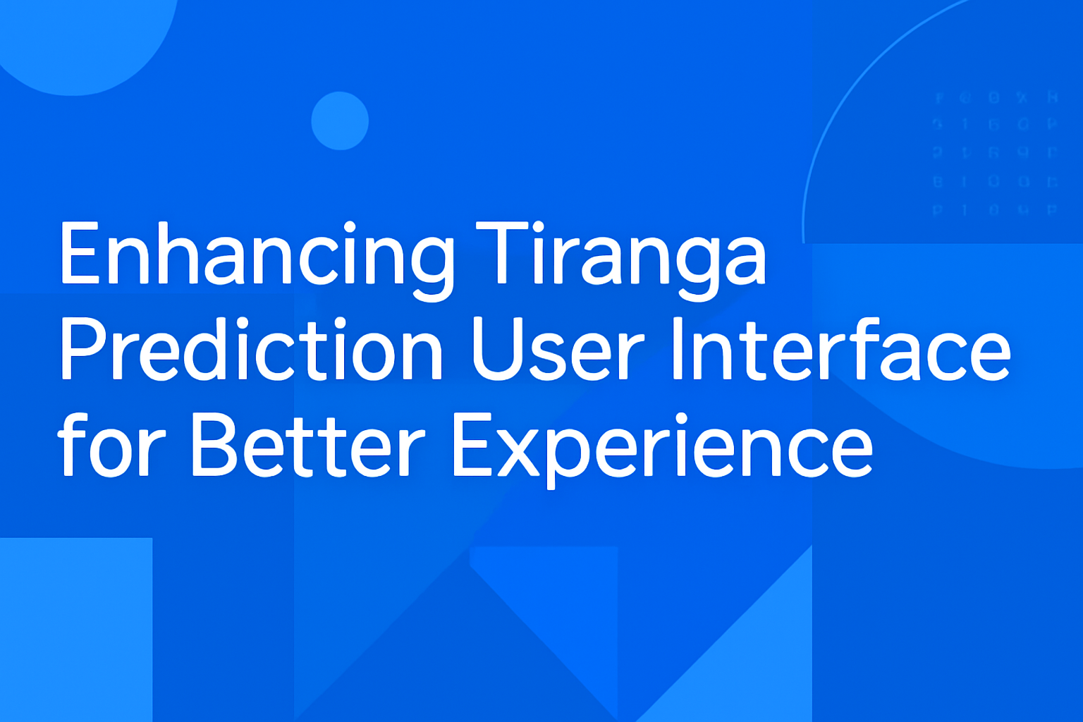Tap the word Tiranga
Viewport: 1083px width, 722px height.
[x=620, y=254]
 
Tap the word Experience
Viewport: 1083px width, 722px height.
[x=661, y=446]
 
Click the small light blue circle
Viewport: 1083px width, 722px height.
[x=340, y=121]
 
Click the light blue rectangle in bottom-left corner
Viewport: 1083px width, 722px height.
[x=75, y=629]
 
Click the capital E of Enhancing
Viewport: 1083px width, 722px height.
[x=79, y=254]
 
